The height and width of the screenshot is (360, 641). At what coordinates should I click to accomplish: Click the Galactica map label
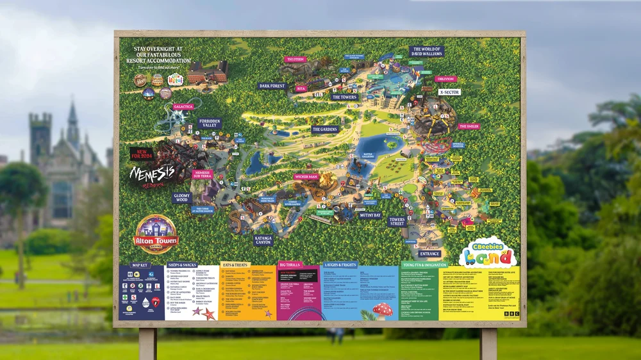click(x=183, y=107)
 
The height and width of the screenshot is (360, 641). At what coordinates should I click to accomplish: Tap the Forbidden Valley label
click(x=210, y=124)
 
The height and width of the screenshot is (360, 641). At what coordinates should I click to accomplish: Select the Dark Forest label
click(x=272, y=86)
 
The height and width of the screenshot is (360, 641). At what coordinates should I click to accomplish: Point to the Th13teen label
click(x=295, y=60)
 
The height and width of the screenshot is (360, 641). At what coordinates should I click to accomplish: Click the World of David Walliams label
click(x=426, y=51)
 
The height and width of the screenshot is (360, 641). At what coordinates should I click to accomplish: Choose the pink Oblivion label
click(x=445, y=79)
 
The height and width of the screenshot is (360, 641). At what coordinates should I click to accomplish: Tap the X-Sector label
click(x=449, y=92)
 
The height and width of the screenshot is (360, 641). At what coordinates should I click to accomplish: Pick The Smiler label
click(x=469, y=127)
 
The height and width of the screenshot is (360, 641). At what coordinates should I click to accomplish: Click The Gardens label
click(x=325, y=129)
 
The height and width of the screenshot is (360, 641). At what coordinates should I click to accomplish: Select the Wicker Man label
click(x=306, y=176)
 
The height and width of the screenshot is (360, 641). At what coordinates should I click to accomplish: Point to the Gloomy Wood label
click(x=182, y=199)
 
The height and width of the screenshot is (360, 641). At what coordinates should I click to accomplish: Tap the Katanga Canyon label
click(x=263, y=240)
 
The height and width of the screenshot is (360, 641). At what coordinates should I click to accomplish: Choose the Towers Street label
click(x=397, y=222)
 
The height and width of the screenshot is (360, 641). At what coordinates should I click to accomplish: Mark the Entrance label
click(x=429, y=254)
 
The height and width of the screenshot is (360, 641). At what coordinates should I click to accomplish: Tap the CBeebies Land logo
click(x=488, y=252)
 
